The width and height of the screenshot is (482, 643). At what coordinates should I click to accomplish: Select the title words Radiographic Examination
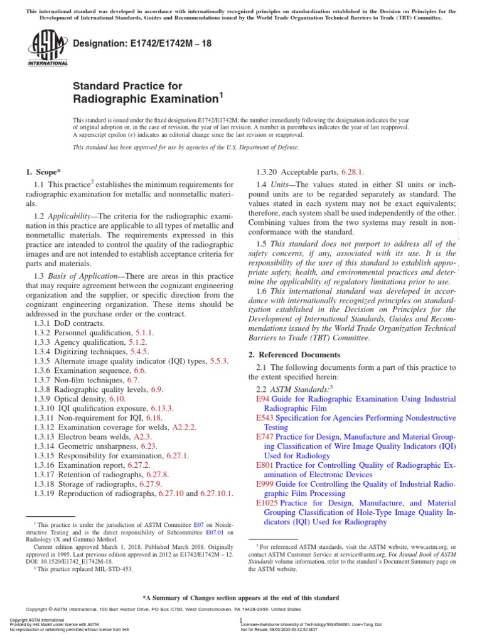(x=145, y=99)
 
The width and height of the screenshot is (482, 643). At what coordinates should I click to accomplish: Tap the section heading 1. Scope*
(x=43, y=171)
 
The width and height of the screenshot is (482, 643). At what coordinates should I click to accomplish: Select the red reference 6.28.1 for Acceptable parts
(x=352, y=171)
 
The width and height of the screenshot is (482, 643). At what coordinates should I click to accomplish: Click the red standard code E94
(x=262, y=399)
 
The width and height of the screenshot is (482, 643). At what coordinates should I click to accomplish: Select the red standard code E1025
(x=267, y=503)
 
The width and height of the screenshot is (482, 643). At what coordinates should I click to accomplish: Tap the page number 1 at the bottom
(x=241, y=621)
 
